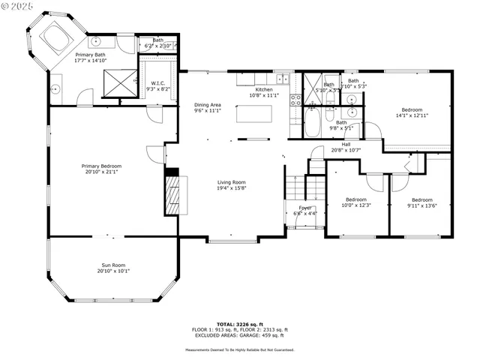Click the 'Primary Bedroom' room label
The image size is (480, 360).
pos(102,166)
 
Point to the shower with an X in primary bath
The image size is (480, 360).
pos(116,82)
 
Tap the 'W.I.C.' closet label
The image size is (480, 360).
pos(157,83)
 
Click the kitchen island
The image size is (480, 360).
pos(253,114)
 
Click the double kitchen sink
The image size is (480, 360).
pos(282,78)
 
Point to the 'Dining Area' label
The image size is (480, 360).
pos(208,105)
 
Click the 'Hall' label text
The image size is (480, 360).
pos(346,144)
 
